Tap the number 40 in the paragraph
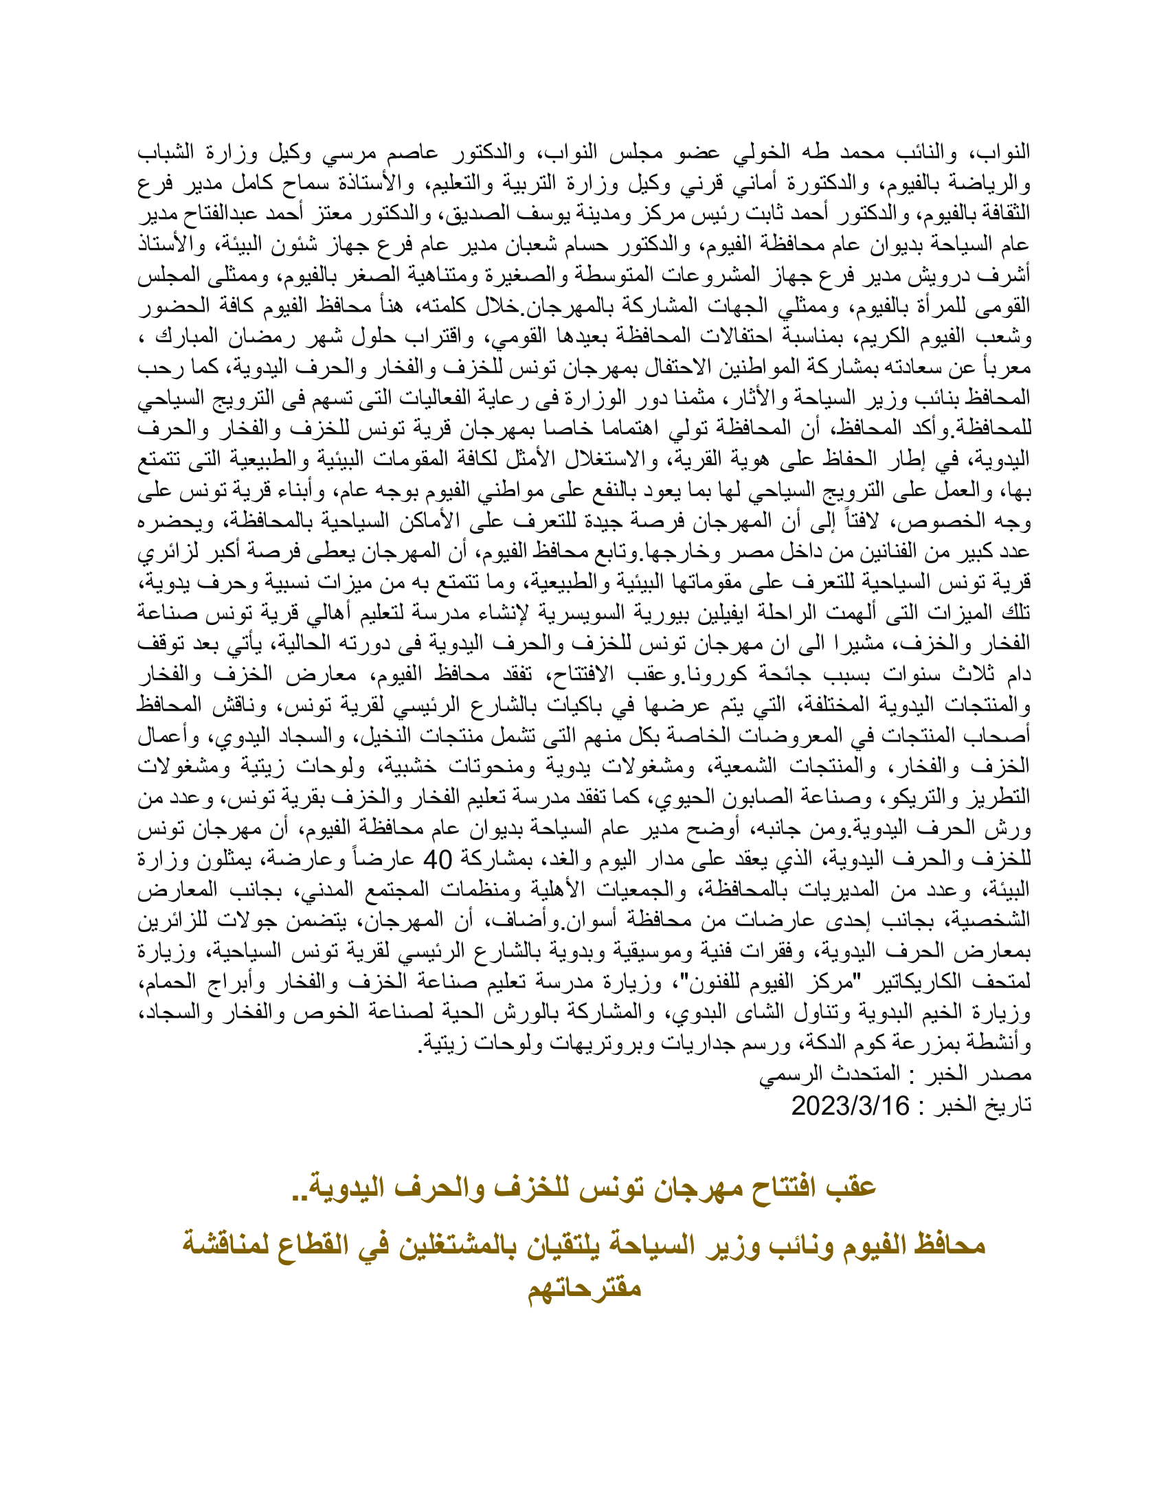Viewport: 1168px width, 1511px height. pyautogui.click(x=436, y=859)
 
